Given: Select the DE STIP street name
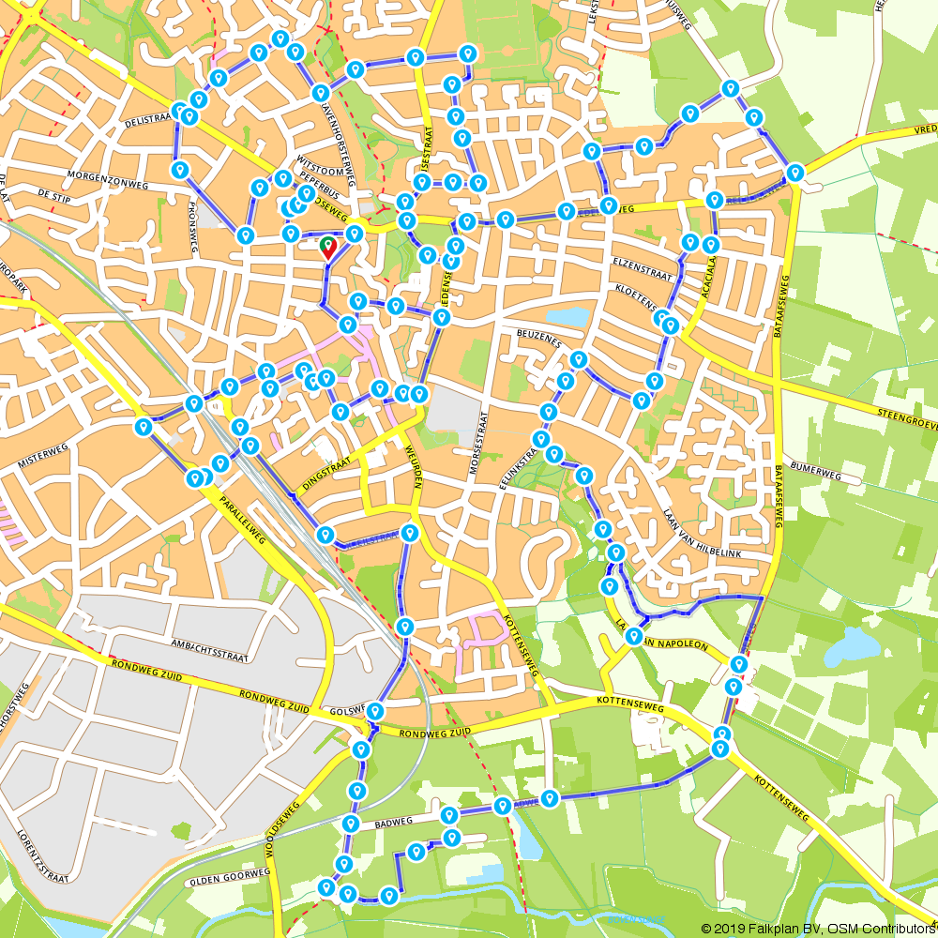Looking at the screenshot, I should point(55,194).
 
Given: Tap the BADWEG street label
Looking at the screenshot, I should point(393,823).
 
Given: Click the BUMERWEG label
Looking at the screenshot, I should point(815,476).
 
